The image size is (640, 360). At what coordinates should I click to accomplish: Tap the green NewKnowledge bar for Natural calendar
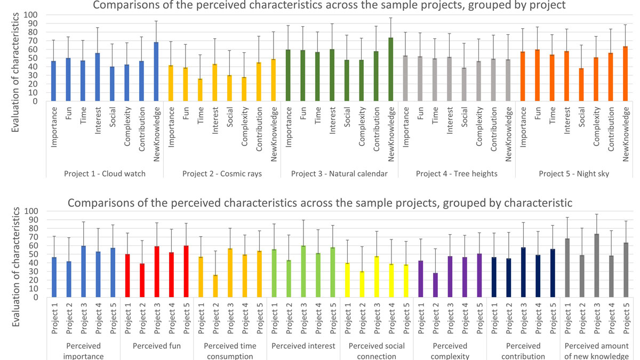click(x=390, y=69)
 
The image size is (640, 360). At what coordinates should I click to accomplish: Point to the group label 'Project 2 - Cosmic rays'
click(x=222, y=174)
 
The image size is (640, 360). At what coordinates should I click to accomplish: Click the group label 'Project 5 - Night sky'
click(x=573, y=174)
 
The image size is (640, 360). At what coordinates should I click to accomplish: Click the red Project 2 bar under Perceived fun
click(x=142, y=281)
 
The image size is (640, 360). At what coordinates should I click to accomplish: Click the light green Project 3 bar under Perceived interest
click(x=303, y=271)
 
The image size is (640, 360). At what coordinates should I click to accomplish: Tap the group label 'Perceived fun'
click(x=157, y=346)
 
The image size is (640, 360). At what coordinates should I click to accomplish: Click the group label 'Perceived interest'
click(x=303, y=346)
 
